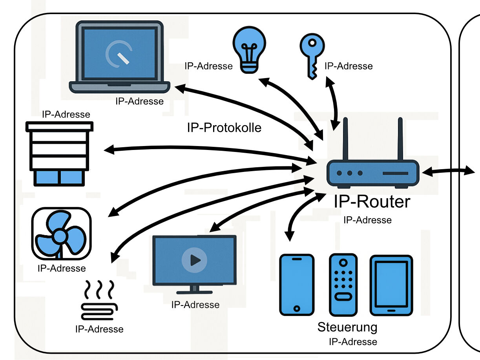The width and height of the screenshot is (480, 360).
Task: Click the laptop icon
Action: coord(119,57)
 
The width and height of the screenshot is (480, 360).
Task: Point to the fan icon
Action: coord(61,234)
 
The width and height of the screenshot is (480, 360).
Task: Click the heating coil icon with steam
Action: coord(99,301)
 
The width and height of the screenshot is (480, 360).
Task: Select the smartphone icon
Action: coord(297,285)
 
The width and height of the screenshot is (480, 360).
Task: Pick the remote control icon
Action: coord(343,285)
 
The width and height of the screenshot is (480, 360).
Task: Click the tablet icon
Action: coord(391,285)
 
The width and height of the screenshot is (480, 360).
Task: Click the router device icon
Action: coord(373,173)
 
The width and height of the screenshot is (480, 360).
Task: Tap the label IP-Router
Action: coord(372,202)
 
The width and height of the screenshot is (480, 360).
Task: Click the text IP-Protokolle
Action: coord(224,128)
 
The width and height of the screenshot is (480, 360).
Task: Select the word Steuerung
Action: coord(347,327)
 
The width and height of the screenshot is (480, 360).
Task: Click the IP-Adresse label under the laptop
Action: coord(139,101)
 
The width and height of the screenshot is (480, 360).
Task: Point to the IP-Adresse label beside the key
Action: coord(349,66)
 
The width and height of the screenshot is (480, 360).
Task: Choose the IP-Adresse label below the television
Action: coord(195,305)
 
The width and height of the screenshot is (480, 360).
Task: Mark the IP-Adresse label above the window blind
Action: coord(66,115)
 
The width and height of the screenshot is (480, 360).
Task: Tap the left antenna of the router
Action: coord(345,139)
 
